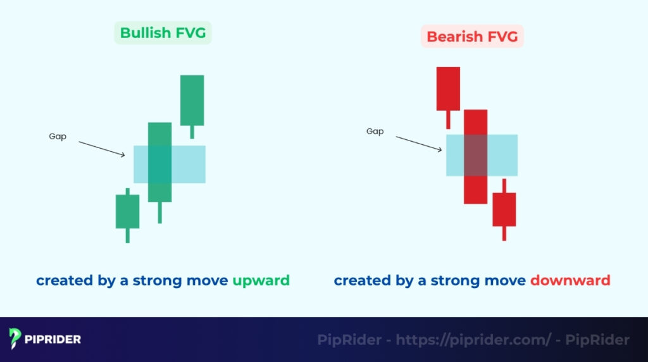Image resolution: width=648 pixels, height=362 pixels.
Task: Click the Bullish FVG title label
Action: [163, 33]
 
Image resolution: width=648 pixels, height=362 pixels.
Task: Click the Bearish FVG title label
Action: [472, 37]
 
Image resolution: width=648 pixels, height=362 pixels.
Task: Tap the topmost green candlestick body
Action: [192, 100]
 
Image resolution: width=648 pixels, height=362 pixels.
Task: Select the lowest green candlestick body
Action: [127, 211]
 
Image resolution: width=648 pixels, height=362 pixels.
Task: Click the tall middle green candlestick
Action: [159, 161]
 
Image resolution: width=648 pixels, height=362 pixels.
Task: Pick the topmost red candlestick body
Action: [448, 88]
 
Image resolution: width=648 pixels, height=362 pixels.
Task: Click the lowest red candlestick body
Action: [504, 209]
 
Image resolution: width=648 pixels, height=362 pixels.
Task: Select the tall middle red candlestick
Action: [475, 156]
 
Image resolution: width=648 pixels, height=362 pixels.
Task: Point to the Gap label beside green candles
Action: [58, 137]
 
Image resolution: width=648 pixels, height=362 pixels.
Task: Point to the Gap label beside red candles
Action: [375, 132]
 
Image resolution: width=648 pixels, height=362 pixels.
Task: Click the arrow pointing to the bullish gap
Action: [102, 149]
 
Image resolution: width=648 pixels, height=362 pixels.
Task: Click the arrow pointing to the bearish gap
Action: [419, 144]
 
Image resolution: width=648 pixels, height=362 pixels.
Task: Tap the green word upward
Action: [261, 280]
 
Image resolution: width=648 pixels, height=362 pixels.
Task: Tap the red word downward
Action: [570, 280]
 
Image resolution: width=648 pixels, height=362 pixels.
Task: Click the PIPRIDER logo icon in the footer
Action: [16, 339]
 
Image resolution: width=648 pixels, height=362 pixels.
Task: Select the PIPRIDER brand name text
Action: [54, 339]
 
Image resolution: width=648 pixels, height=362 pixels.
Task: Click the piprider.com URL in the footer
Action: [473, 340]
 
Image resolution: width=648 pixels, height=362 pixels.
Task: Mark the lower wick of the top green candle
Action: [192, 132]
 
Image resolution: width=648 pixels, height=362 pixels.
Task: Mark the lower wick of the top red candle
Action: [448, 119]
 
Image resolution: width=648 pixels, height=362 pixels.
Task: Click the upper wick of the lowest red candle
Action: [504, 185]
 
